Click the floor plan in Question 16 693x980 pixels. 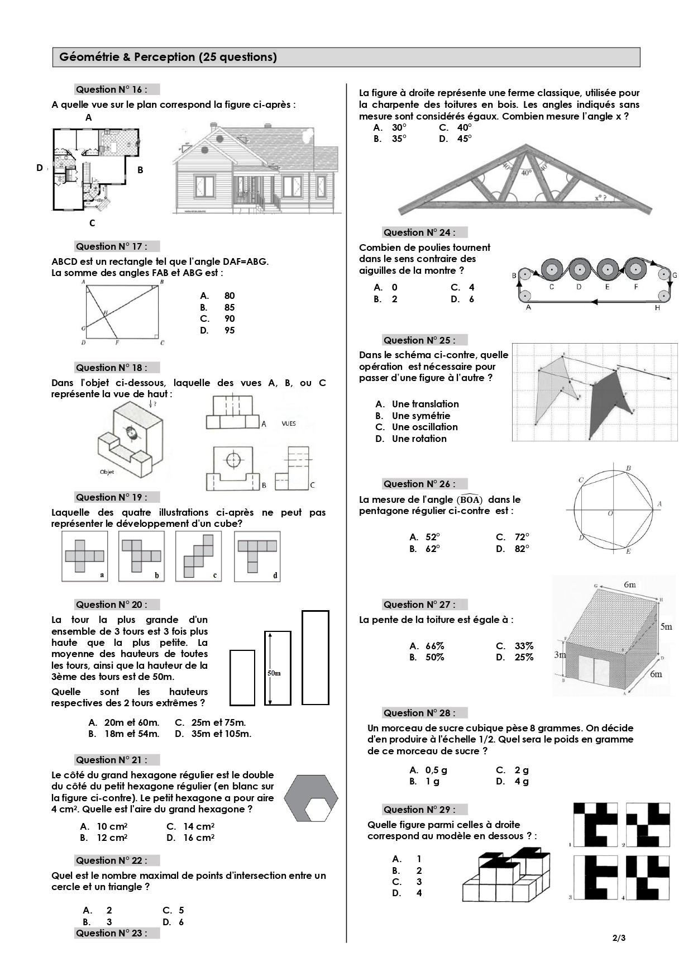pos(95,169)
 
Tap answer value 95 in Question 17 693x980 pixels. pos(230,330)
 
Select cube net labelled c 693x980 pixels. pos(199,555)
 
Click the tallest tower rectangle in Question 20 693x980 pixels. pos(315,657)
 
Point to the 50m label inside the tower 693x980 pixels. pos(274,673)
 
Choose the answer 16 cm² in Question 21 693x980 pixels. pos(198,838)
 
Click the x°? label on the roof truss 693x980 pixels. pos(601,197)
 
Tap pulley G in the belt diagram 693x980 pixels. pos(663,274)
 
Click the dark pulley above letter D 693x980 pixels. pos(579,270)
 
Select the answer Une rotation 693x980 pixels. pos(419,439)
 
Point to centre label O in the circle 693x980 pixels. pos(610,513)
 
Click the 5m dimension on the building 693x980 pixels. pos(666,626)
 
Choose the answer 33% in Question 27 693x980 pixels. pos(523,646)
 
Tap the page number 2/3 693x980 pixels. pos(619,938)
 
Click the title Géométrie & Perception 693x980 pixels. pos(168,57)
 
